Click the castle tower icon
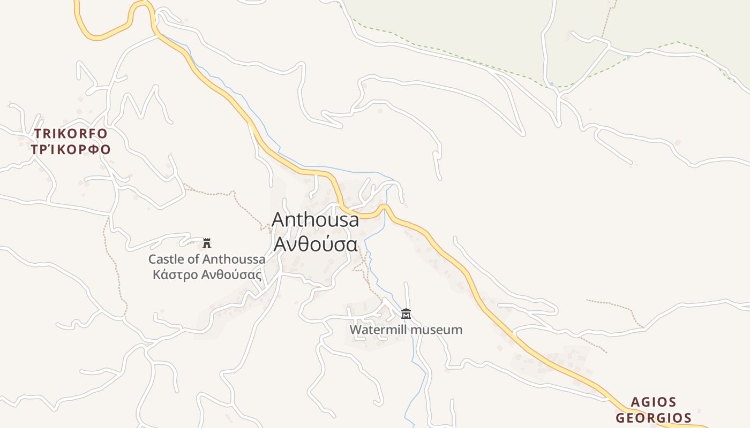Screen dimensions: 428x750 click(207, 243)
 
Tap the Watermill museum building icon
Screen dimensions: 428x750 click(406, 314)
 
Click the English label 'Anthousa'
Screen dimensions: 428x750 click(316, 220)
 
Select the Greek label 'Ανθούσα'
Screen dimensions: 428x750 click(316, 244)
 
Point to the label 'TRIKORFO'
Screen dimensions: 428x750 click(71, 133)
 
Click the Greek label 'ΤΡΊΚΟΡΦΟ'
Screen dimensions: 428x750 click(71, 149)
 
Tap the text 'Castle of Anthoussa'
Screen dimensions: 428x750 click(207, 259)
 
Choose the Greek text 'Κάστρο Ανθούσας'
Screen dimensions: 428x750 click(207, 275)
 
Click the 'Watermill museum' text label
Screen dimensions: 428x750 click(406, 330)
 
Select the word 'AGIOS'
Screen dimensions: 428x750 click(653, 402)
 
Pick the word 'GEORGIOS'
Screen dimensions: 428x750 click(653, 418)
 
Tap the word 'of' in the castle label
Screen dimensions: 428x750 click(193, 259)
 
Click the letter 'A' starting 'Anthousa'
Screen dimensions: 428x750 click(279, 220)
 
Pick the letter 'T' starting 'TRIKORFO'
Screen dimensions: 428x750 click(38, 133)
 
